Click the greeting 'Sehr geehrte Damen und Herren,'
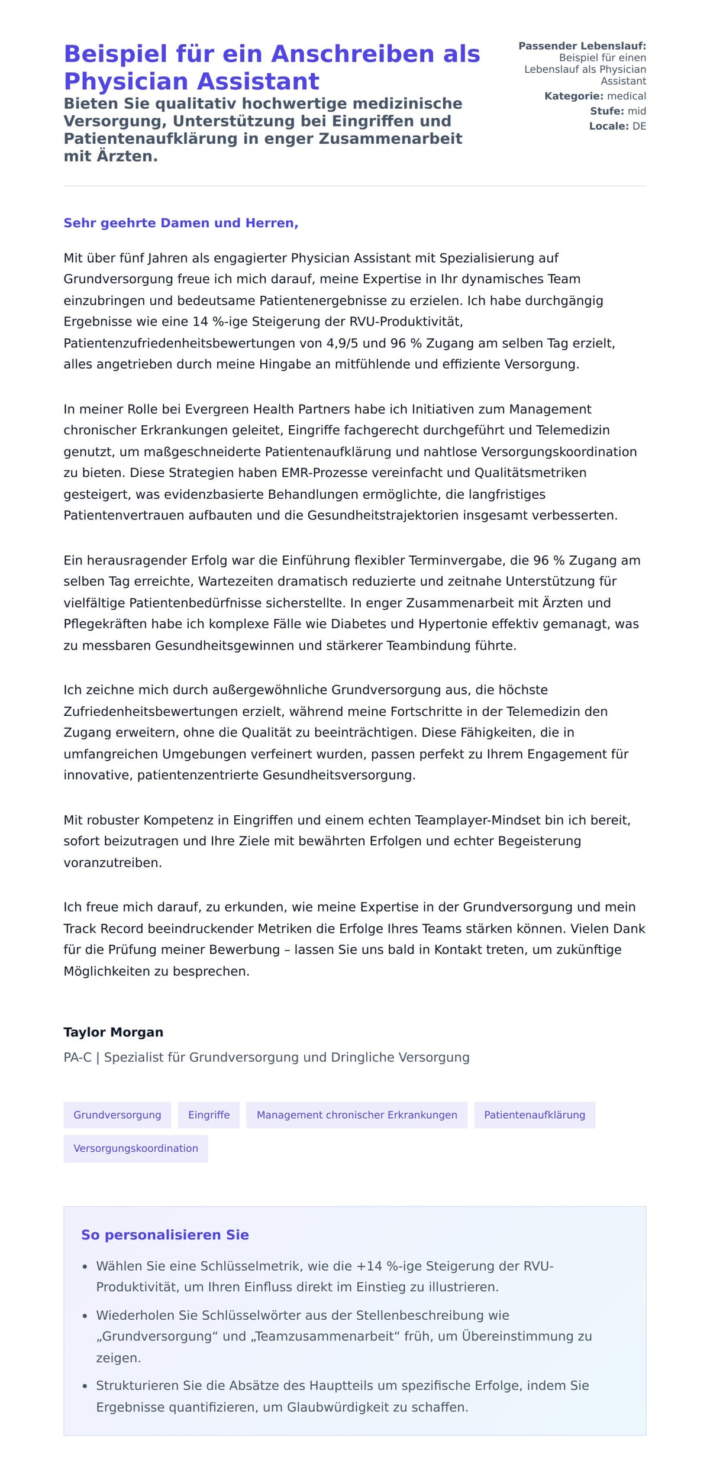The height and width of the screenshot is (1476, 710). click(180, 223)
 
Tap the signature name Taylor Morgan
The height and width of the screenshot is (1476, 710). click(113, 1032)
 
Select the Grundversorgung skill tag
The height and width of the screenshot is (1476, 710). click(117, 1115)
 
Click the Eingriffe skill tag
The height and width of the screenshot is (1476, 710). click(209, 1115)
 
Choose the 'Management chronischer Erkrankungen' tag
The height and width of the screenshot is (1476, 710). click(357, 1115)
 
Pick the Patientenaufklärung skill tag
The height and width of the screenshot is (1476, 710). click(534, 1115)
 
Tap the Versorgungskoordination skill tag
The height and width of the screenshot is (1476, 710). click(135, 1148)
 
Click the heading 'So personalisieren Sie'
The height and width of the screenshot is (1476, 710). click(164, 1235)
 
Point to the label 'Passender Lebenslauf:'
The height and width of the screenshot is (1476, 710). click(582, 46)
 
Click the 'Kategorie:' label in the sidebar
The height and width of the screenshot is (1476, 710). click(573, 96)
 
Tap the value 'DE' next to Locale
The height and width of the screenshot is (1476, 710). click(639, 126)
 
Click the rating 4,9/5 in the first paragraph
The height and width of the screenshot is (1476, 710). click(342, 343)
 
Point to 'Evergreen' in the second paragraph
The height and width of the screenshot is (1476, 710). click(215, 409)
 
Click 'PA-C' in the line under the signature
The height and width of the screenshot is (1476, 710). click(78, 1057)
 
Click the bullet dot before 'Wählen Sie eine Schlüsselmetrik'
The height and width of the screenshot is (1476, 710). click(85, 1267)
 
